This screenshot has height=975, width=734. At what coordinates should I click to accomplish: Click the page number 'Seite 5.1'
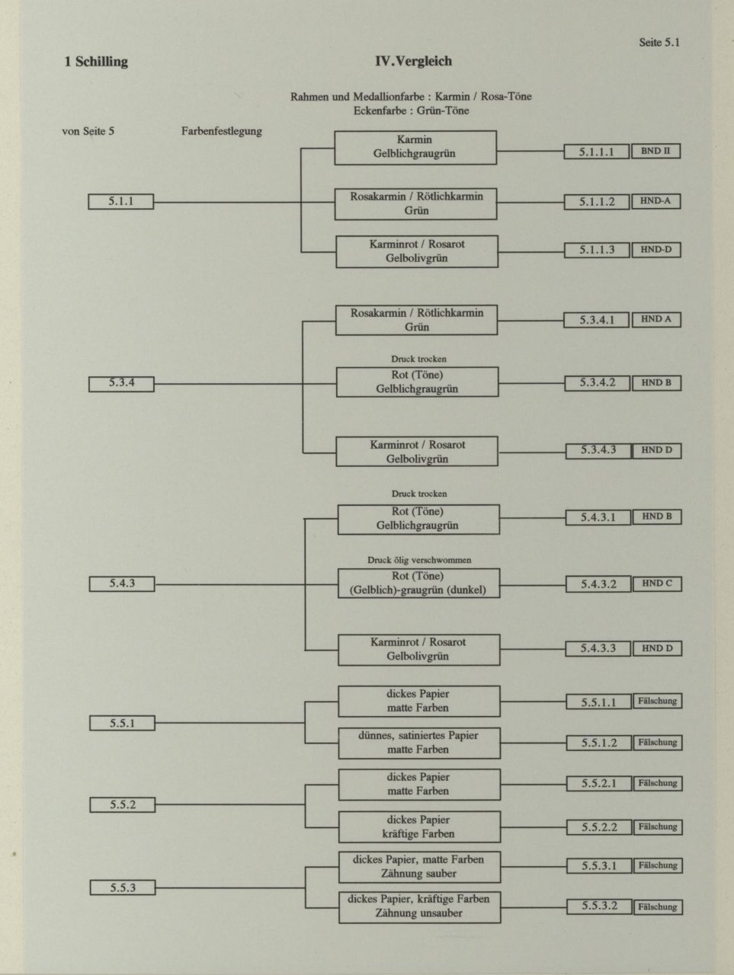[x=659, y=43]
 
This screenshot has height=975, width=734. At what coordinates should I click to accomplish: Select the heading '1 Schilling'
[x=96, y=62]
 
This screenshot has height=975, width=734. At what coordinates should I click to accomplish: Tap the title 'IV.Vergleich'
[x=414, y=61]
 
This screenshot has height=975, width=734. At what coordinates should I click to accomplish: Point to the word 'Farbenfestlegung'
[x=222, y=132]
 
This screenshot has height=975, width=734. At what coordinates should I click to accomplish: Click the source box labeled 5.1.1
[x=121, y=202]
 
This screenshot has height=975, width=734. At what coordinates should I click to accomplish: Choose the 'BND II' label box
[x=655, y=151]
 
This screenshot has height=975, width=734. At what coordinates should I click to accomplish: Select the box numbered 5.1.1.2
[x=597, y=202]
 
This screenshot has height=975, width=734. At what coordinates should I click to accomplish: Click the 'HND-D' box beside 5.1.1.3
[x=656, y=250]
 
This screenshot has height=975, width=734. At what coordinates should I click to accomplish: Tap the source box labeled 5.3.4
[x=122, y=384]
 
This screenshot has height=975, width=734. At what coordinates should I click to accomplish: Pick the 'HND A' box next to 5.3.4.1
[x=656, y=320]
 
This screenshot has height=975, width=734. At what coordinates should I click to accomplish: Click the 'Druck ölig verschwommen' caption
[x=419, y=560]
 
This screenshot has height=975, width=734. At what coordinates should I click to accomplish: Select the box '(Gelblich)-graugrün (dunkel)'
[x=418, y=583]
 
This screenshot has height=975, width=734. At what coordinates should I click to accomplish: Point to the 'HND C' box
[x=657, y=584]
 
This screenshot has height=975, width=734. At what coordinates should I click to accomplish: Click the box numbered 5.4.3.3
[x=598, y=648]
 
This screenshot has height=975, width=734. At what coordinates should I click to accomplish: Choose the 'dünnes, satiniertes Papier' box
[x=419, y=743]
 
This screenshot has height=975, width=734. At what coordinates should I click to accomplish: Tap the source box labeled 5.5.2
[x=123, y=805]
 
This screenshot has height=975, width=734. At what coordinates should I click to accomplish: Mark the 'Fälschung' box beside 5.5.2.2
[x=658, y=827]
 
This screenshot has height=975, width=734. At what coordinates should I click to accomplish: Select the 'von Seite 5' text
[x=88, y=132]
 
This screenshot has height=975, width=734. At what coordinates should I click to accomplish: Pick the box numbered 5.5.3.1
[x=599, y=866]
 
